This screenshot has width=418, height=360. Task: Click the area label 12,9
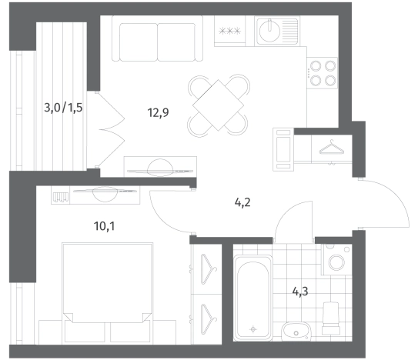tap(158, 112)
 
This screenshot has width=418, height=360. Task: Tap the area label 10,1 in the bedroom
tap(104, 226)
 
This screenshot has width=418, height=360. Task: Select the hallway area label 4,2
tap(242, 203)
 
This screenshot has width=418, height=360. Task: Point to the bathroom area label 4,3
tap(300, 292)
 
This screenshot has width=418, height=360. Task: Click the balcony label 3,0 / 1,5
tap(63, 108)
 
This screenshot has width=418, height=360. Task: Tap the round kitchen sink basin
tap(269, 31)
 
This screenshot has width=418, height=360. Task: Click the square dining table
tap(218, 105)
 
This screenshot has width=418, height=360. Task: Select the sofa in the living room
tap(157, 38)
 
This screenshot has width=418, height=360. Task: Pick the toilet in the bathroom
tap(331, 318)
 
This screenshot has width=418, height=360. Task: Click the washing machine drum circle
tap(336, 262)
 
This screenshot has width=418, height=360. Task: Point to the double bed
tap(107, 292)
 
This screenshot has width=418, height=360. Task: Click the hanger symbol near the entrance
tap(331, 148)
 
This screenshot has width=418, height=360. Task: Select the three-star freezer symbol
tap(229, 32)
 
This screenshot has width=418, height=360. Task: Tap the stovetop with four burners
tap(322, 73)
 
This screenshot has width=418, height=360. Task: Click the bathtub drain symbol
tap(253, 330)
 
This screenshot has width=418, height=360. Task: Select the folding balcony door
tap(110, 130)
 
